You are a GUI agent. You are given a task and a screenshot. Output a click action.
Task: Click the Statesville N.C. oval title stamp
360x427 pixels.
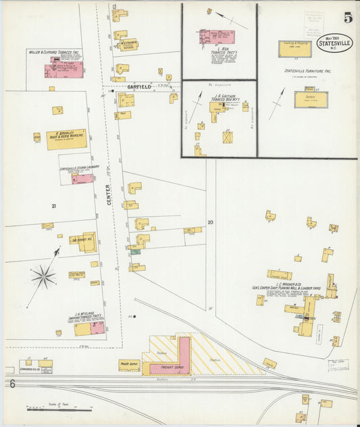coord(335,43)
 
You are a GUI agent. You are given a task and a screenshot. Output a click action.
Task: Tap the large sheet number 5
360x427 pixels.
coord(347,18)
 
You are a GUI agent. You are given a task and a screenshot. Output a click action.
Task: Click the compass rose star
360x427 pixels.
coord(43,276)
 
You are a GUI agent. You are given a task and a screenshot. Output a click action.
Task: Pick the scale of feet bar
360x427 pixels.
coord(59,409)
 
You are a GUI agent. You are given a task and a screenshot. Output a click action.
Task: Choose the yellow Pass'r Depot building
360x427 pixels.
coord(129,365)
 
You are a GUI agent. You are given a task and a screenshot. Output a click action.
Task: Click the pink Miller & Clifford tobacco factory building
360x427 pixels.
coord(64,69)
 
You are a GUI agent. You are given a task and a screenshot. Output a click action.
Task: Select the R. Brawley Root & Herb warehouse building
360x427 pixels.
coord(66,139)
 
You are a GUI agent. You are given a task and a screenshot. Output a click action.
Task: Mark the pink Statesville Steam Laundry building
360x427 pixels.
coord(82,179)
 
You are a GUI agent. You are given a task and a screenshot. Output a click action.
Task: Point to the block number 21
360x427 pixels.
coord(52,205)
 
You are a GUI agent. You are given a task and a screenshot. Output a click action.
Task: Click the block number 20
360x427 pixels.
coord(210,222)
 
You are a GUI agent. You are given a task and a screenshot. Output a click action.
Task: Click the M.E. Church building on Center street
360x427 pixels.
coord(128,45)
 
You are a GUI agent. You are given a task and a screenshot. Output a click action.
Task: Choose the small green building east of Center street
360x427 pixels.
coord(136,252)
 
